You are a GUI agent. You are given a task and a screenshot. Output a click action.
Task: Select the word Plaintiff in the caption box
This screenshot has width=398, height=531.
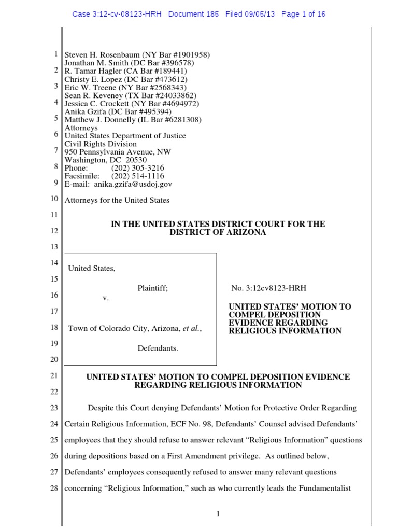pos(152,288)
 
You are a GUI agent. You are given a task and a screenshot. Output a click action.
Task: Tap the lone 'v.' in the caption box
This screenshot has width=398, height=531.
pos(106,298)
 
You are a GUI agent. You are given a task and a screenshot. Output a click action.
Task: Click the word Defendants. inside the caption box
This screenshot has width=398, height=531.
pos(158,348)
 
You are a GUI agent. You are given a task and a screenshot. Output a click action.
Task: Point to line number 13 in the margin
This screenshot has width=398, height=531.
pos(54,247)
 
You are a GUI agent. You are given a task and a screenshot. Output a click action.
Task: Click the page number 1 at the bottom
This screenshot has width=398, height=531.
pos(218,514)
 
